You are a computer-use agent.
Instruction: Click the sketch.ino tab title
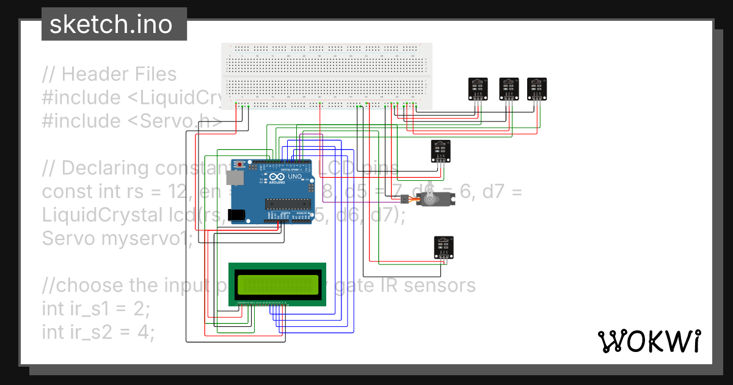coord(110,24)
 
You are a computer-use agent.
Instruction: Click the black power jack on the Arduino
coord(236,215)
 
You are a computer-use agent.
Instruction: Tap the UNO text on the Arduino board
coord(294,176)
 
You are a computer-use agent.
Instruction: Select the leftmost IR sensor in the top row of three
coord(478,89)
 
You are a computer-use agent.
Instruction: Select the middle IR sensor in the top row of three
coord(509,89)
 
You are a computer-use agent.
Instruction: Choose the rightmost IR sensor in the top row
coord(537,89)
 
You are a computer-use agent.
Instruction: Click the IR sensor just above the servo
coord(441,151)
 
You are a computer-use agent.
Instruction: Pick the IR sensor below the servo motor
coord(444,247)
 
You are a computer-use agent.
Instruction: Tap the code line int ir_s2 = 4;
coord(98,332)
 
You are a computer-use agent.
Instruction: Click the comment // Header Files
coord(109,74)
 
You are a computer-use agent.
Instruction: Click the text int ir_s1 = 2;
coord(95,309)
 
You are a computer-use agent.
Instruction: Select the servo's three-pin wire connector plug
coord(406,199)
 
